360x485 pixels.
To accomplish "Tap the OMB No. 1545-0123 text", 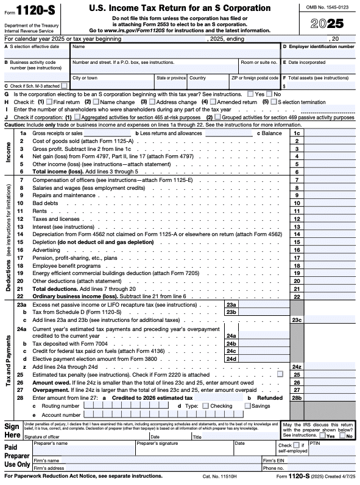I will coord(327,7).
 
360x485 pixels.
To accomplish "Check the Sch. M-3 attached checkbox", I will coord(65,86).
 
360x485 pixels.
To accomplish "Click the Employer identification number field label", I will coord(320,46).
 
